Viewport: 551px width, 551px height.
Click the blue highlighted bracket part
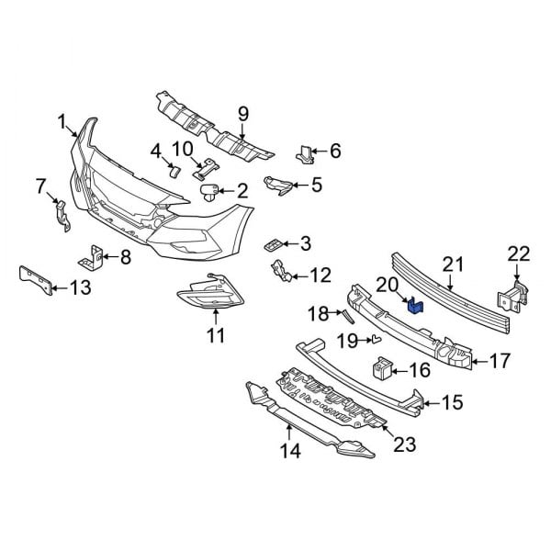pos(414,306)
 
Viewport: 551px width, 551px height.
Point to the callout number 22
pos(519,253)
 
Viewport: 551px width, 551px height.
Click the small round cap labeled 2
pos(212,191)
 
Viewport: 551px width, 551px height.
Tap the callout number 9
pos(243,114)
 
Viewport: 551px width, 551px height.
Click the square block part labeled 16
pos(381,369)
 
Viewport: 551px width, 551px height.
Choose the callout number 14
pos(289,450)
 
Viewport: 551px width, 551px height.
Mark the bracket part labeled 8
pos(96,256)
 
